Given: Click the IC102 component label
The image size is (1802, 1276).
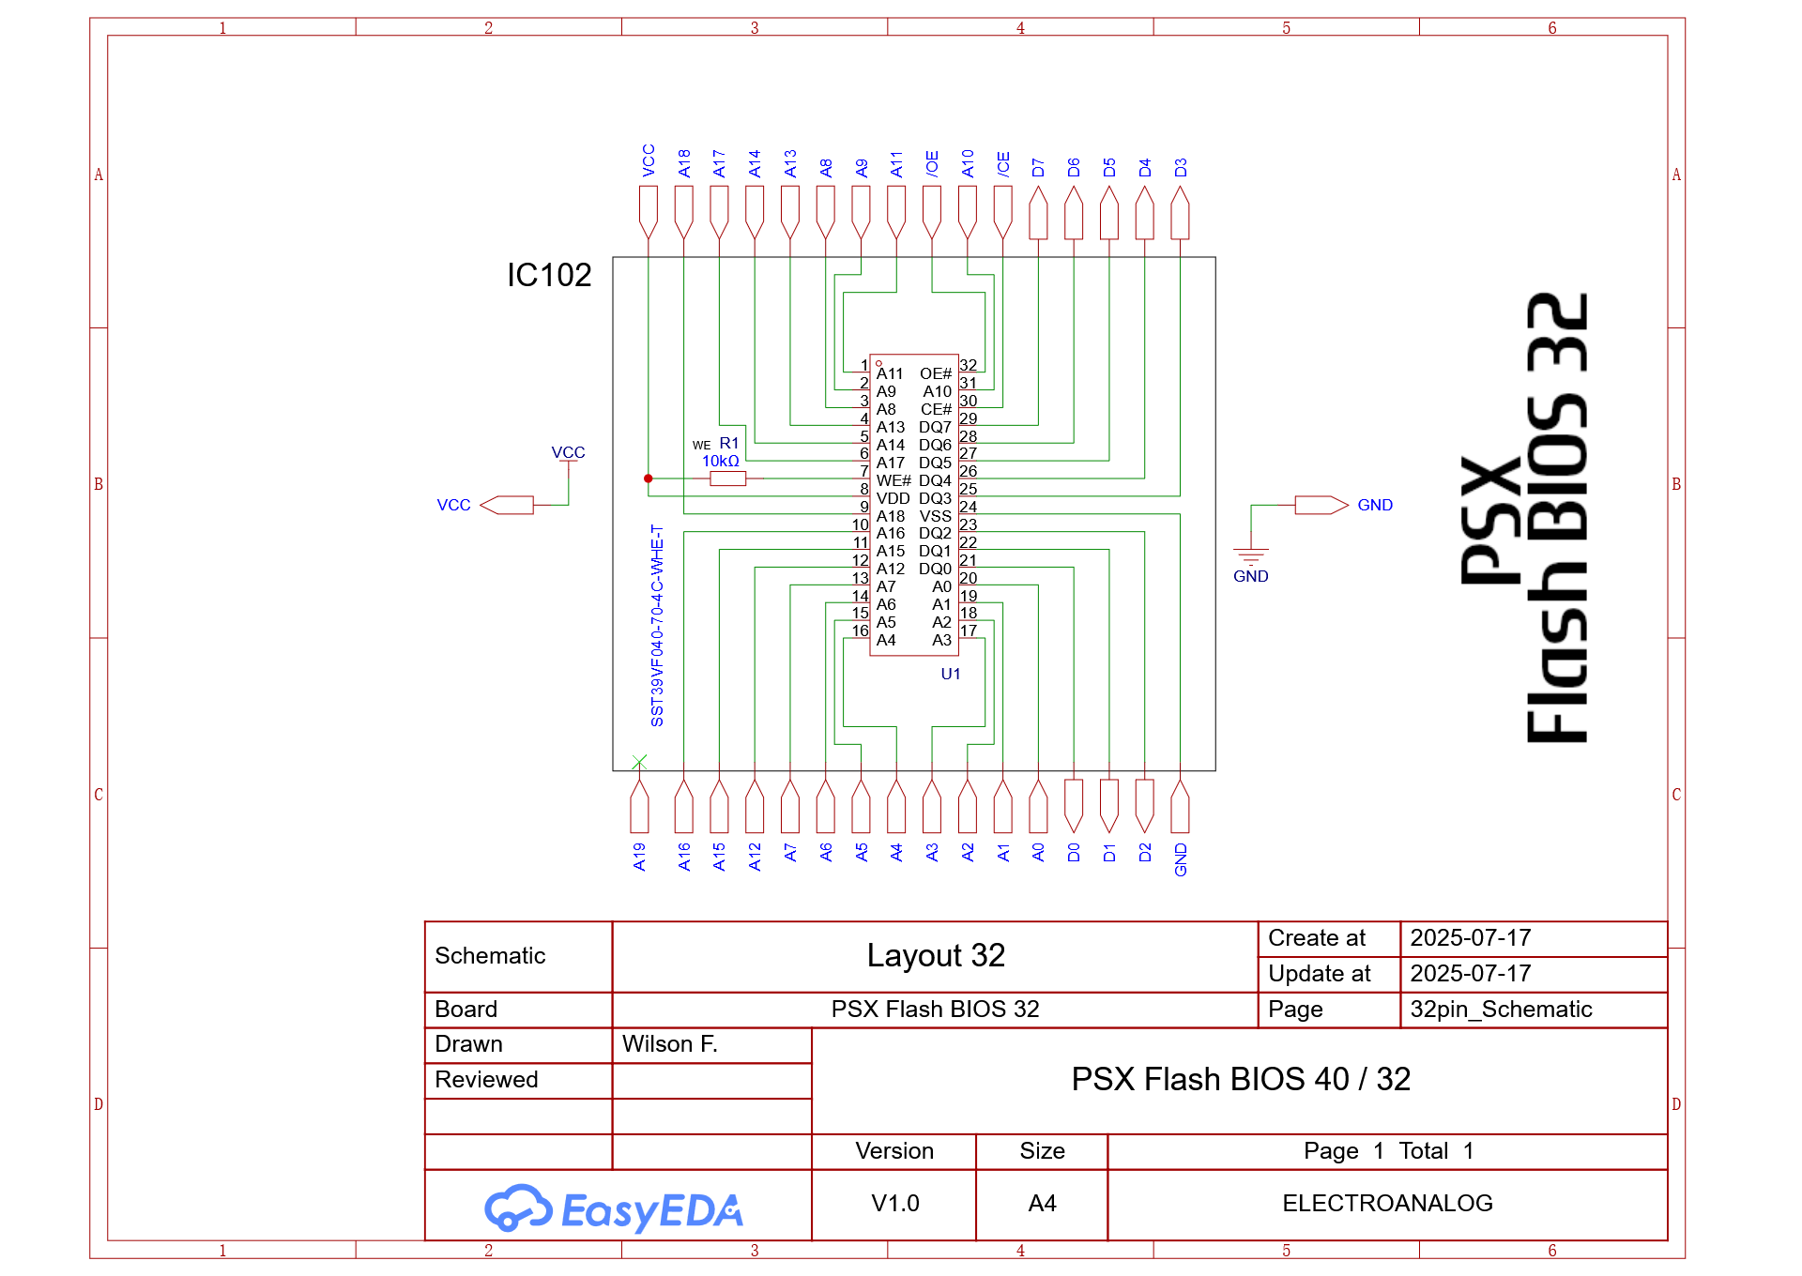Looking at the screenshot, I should [x=549, y=275].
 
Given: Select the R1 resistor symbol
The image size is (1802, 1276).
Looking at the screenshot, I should [x=727, y=478].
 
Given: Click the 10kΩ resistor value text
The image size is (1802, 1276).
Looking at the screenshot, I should [x=720, y=461].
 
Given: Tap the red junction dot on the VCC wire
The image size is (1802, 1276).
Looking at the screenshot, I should [x=648, y=478].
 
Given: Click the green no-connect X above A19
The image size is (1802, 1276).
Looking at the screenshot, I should [x=639, y=762].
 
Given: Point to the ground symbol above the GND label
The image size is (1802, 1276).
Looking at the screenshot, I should [x=1250, y=554].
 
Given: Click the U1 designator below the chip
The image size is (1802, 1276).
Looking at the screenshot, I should [x=950, y=674].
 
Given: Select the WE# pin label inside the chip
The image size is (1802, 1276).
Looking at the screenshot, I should [x=893, y=480].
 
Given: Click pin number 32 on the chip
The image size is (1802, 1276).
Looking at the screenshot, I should [x=968, y=365].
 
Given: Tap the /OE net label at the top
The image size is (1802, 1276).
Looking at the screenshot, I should [x=932, y=163].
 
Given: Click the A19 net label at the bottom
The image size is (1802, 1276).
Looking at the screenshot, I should [x=639, y=857].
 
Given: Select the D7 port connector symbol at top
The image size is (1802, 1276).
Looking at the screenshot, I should [x=1038, y=213].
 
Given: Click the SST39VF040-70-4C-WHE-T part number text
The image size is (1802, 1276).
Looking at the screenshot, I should [x=657, y=625].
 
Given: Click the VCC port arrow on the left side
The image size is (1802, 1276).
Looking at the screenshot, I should [x=507, y=505].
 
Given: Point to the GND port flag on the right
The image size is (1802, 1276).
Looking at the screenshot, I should [x=1321, y=505].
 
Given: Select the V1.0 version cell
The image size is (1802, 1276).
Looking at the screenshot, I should [x=894, y=1203].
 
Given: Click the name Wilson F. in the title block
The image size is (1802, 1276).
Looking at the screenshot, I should [x=669, y=1044].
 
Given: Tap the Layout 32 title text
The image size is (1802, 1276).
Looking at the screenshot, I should [x=935, y=955].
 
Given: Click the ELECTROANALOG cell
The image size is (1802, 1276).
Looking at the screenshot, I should [x=1386, y=1203].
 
